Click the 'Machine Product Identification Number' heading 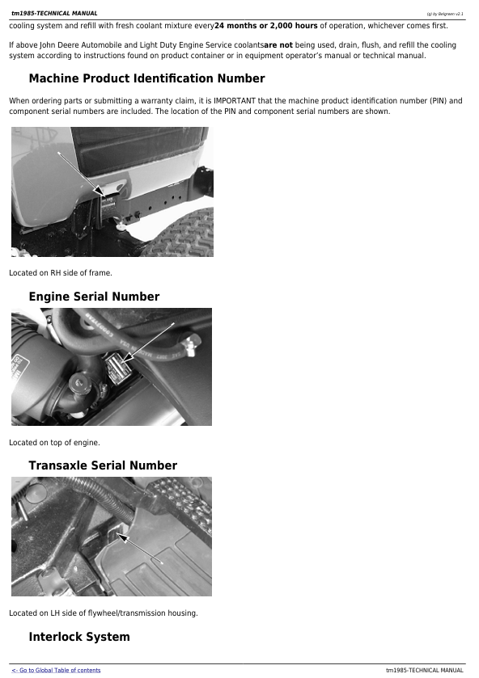[x=146, y=78]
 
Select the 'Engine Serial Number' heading [x=94, y=297]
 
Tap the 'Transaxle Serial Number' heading [x=103, y=465]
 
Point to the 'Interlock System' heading [x=79, y=637]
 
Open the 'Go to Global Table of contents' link [x=57, y=670]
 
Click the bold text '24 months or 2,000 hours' [x=266, y=26]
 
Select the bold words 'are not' [x=278, y=45]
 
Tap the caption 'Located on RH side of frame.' [x=61, y=273]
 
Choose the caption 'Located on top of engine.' [x=54, y=443]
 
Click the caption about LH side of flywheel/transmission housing [x=104, y=613]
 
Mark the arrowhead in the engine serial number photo [x=125, y=358]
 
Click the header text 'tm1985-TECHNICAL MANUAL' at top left [x=54, y=14]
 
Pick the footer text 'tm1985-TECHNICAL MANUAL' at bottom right [x=425, y=671]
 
